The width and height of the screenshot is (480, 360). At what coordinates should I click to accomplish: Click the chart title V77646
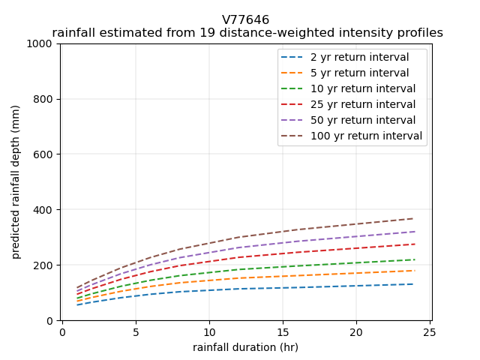[245, 20]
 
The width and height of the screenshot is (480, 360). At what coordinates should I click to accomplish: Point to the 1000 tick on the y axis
[41, 43]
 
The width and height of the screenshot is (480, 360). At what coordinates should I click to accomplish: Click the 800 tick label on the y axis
[44, 99]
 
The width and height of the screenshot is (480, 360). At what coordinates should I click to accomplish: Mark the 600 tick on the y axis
[44, 154]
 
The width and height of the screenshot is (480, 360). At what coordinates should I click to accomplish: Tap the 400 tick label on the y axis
[44, 210]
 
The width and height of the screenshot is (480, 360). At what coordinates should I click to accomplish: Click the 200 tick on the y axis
[44, 265]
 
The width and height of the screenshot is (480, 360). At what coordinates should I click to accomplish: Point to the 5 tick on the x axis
[136, 331]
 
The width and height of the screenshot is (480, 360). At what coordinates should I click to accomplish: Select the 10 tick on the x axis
[209, 331]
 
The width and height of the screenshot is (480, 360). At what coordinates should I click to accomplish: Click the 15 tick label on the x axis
[283, 331]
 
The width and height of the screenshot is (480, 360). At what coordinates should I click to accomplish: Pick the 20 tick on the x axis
[356, 331]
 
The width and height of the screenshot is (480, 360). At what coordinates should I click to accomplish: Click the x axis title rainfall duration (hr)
[245, 347]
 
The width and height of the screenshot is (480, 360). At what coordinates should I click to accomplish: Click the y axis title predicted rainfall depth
[16, 181]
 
